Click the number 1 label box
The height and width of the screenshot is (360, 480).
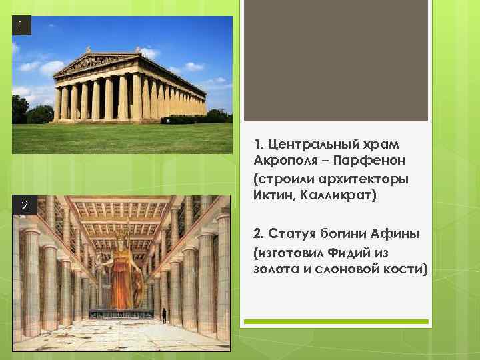[x=21, y=27]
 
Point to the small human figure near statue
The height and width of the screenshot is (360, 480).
[x=163, y=315]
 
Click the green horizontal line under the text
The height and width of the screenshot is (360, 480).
[x=335, y=322]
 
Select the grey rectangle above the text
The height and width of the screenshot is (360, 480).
[x=335, y=60]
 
